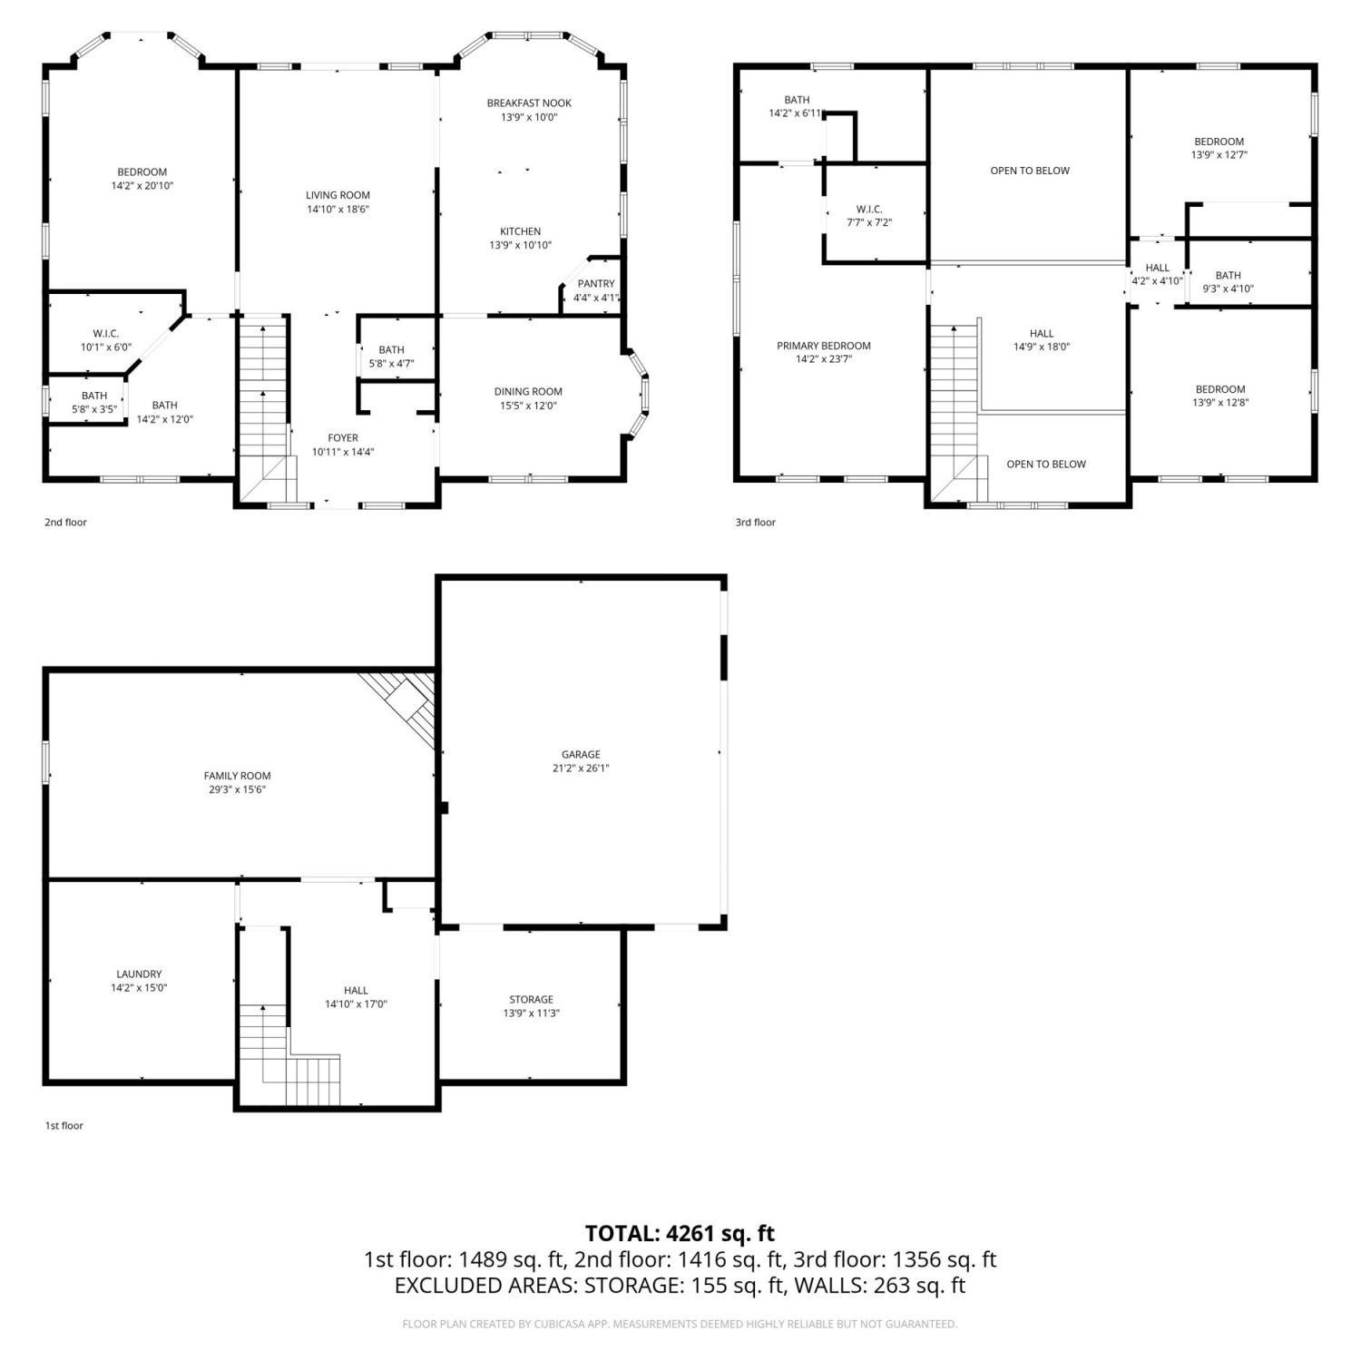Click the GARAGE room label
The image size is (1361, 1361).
(581, 754)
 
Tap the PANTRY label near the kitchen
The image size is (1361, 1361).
(596, 284)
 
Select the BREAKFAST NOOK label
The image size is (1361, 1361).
(529, 103)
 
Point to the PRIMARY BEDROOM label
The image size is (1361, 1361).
(824, 346)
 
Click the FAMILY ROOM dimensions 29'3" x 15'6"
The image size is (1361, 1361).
(237, 790)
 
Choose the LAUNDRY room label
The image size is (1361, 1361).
(139, 974)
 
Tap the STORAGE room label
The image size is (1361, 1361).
(531, 1000)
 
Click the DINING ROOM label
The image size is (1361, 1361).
(528, 392)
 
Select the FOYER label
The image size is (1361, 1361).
(343, 438)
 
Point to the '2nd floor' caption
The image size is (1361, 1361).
(65, 523)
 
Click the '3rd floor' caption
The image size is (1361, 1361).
(756, 523)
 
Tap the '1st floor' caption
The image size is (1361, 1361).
(64, 1126)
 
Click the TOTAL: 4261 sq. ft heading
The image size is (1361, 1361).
(680, 1233)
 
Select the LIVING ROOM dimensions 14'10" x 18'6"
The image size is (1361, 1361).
(338, 210)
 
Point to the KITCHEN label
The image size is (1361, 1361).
(521, 232)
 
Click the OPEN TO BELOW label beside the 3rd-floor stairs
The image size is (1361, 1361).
(1046, 465)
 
